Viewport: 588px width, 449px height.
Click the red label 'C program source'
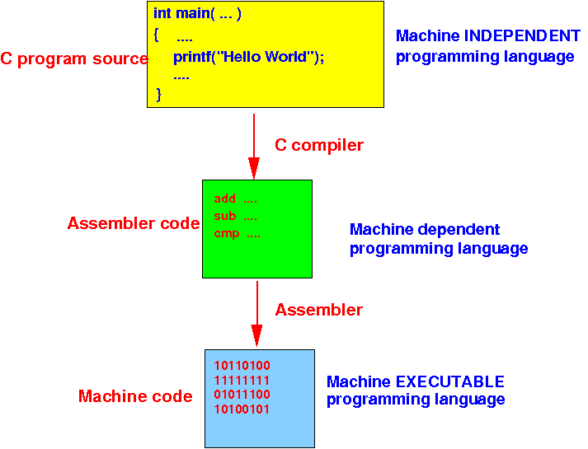coord(74,58)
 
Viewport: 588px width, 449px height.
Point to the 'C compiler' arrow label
coord(319,145)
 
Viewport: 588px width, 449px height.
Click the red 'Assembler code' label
coord(134,223)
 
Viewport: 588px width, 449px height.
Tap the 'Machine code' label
coord(135,396)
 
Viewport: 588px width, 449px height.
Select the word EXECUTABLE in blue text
coord(453,381)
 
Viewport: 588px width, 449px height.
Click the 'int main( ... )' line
coord(197,14)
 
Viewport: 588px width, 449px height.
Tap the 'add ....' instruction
coord(236,199)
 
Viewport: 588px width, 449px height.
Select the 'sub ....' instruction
coord(236,216)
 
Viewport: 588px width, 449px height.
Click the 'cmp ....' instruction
coord(238,233)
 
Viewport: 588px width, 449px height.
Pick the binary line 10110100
coord(242,365)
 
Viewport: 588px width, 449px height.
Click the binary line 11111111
coord(242,380)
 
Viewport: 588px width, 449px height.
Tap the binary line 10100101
coord(242,409)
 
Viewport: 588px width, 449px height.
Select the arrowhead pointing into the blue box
coord(256,338)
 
